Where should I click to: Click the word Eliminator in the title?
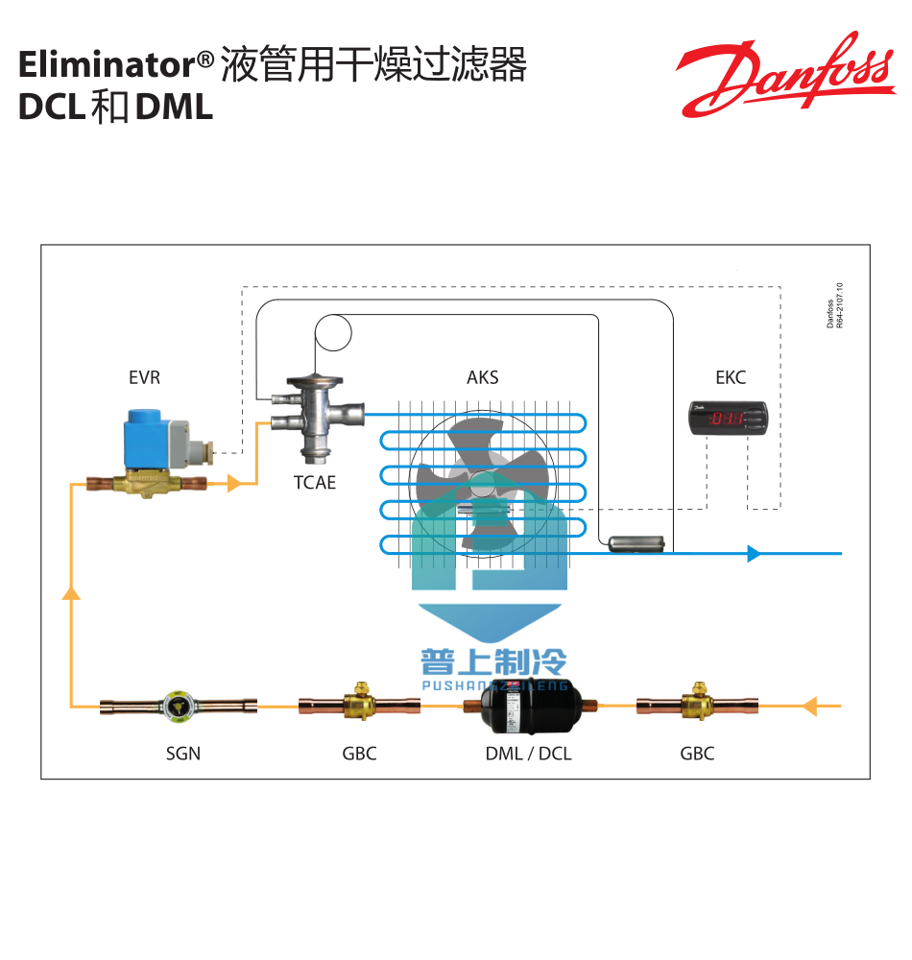(x=107, y=65)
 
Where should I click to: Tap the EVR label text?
(x=144, y=377)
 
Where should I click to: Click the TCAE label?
(x=315, y=483)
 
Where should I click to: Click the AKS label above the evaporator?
(x=482, y=377)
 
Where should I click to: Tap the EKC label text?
(x=731, y=377)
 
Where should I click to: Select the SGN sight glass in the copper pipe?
(x=178, y=708)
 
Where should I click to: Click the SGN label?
(x=182, y=754)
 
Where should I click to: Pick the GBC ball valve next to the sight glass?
(x=359, y=706)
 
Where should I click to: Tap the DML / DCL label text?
(x=528, y=754)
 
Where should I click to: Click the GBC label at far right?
(x=697, y=754)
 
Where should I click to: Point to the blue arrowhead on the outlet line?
(x=755, y=553)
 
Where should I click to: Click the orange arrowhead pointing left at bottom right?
(x=808, y=707)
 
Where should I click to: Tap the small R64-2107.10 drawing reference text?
(x=839, y=306)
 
